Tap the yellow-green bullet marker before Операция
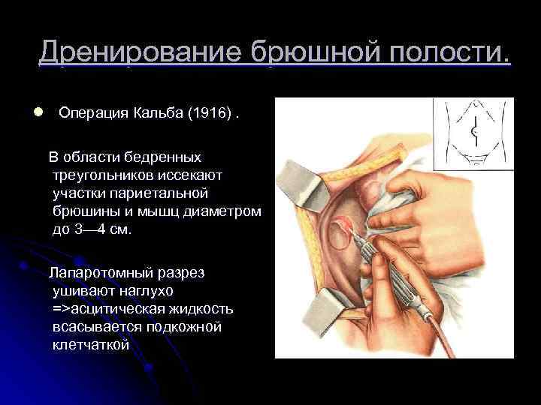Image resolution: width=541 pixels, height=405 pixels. click(x=37, y=112)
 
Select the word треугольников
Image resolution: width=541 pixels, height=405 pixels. click(x=99, y=175)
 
